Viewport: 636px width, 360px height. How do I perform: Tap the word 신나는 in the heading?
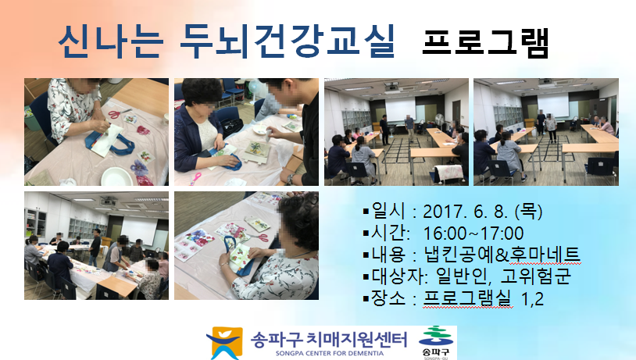tap(111, 41)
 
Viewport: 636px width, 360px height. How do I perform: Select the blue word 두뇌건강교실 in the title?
tap(288, 41)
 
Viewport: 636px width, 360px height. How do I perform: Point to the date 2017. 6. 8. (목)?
tap(483, 211)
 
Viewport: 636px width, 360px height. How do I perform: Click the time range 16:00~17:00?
tap(473, 233)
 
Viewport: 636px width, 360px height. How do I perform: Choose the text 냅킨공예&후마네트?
tap(502, 255)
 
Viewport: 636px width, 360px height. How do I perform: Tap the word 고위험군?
tap(536, 276)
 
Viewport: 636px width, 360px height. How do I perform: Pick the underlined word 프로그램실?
tap(467, 298)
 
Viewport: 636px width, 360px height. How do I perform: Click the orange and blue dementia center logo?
tap(224, 343)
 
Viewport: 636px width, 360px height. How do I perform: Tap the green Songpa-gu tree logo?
tap(436, 337)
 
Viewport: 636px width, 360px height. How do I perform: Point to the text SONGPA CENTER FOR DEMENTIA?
tap(330, 353)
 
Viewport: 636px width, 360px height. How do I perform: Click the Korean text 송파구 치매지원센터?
tap(328, 339)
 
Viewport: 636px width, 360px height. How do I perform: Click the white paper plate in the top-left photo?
tap(117, 176)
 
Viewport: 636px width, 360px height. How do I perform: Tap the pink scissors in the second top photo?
tap(195, 177)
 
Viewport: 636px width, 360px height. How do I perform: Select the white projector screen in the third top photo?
tap(400, 109)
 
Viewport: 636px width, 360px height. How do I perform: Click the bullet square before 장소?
tap(366, 299)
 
